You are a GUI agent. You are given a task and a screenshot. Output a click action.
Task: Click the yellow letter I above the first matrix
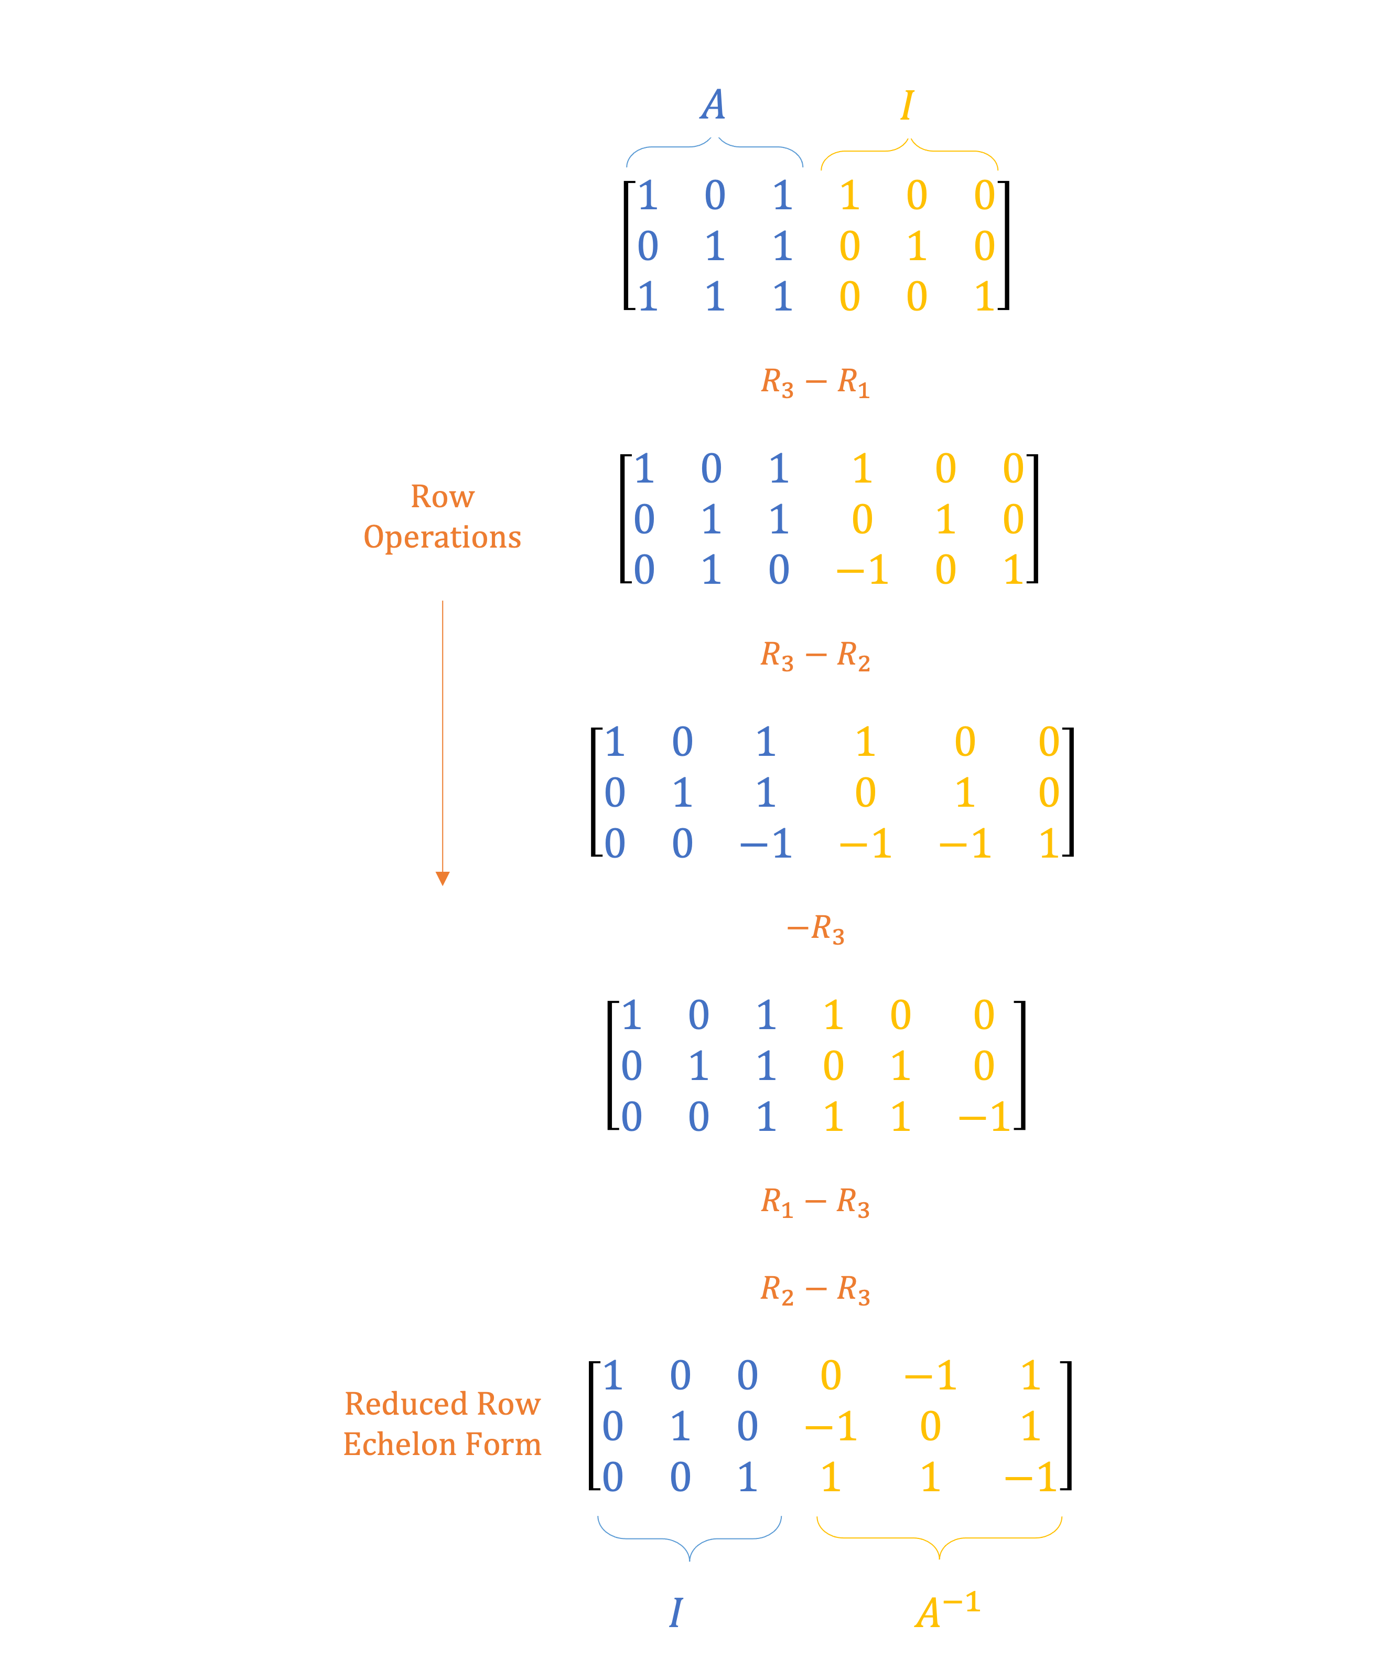(x=907, y=105)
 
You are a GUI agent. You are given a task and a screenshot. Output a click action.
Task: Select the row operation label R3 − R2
(x=815, y=656)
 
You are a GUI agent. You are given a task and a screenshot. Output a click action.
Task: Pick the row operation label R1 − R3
(x=815, y=1203)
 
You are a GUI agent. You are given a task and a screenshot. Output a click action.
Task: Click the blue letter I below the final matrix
(x=676, y=1612)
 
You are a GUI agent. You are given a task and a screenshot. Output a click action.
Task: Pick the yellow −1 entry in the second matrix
(x=863, y=570)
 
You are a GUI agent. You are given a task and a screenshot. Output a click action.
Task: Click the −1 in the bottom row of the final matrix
(x=1030, y=1478)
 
